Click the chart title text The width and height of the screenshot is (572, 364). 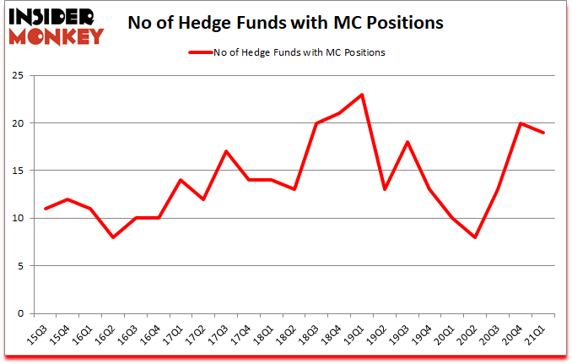285,24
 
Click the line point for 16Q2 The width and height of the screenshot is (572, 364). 114,237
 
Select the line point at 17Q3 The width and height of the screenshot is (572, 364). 227,151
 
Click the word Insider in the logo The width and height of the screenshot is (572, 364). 53,17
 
